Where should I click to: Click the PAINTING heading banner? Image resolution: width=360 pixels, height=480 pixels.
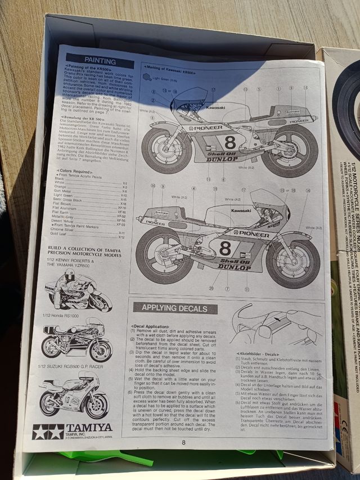coord(100,60)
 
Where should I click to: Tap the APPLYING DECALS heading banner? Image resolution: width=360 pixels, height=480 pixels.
coord(171,308)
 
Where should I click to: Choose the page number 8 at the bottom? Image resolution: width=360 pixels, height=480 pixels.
coord(183,442)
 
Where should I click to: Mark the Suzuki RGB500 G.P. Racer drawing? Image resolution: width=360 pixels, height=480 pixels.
coord(73,394)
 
